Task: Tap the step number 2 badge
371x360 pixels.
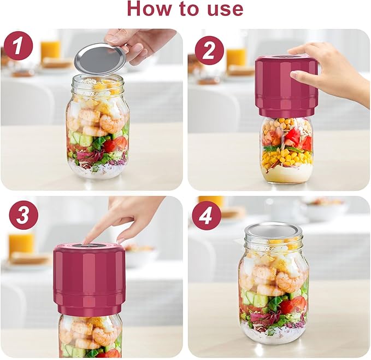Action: point(209,50)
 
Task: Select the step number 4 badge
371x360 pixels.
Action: point(206,217)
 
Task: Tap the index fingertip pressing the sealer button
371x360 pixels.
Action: point(87,239)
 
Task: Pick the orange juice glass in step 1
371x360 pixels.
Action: point(51,50)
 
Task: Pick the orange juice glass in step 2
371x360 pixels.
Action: point(236,57)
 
